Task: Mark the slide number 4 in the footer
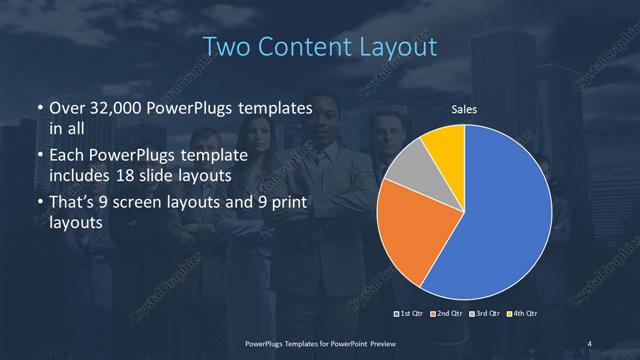(x=591, y=343)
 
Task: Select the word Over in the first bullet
(x=66, y=108)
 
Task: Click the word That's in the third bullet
(x=73, y=204)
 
